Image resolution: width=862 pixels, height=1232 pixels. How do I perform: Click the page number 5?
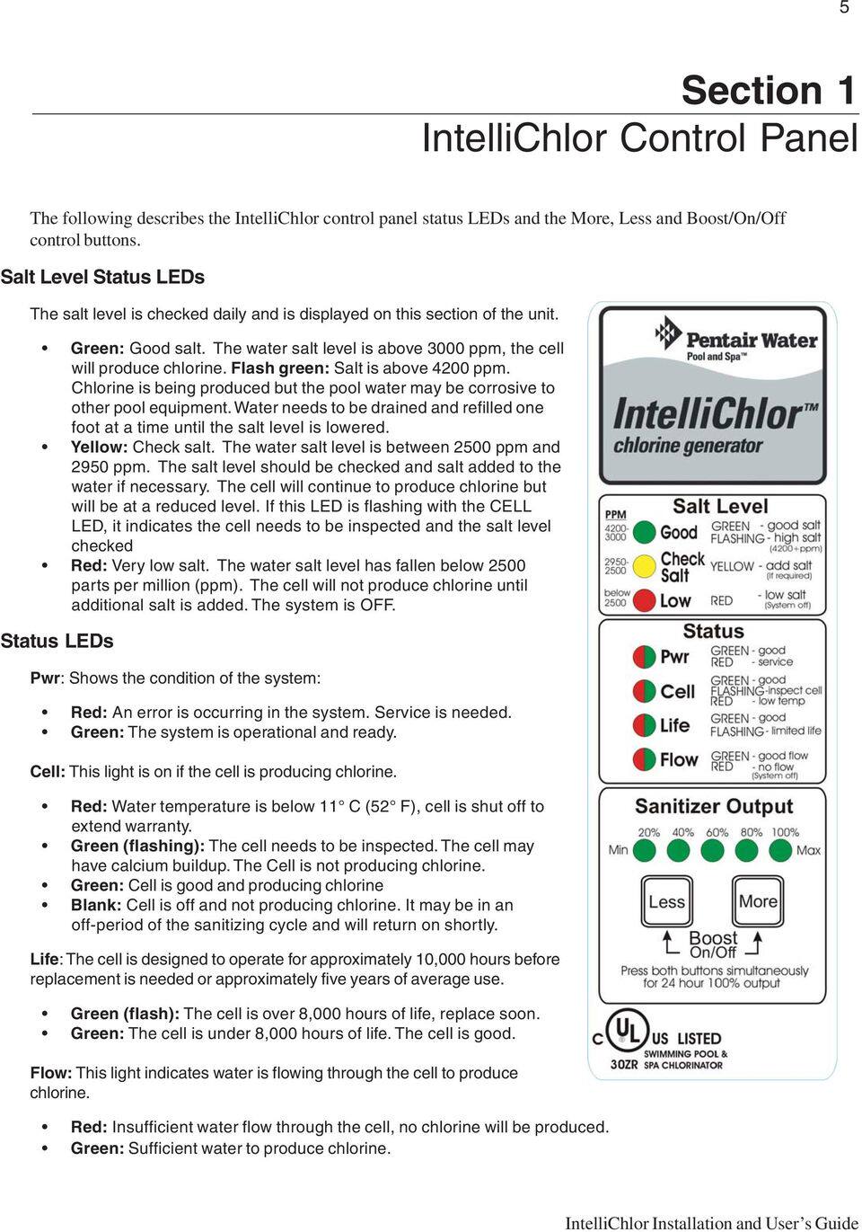pos(844,8)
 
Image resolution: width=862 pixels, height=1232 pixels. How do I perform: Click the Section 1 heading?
pos(768,91)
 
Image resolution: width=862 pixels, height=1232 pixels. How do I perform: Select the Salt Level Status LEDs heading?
pos(102,278)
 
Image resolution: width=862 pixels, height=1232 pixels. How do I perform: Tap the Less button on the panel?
pos(666,902)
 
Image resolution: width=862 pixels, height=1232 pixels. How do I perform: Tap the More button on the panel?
pos(758,902)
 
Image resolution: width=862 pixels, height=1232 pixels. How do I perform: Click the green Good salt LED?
pos(644,532)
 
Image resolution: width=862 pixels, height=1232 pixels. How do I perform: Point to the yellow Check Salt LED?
pos(644,567)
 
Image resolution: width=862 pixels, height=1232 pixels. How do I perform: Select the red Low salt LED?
pos(644,600)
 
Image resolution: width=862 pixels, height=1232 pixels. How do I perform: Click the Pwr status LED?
pos(644,657)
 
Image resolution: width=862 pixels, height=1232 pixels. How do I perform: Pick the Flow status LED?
pos(644,760)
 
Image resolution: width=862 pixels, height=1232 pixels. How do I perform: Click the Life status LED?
pos(644,725)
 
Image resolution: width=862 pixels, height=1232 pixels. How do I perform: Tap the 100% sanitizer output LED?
pos(783,850)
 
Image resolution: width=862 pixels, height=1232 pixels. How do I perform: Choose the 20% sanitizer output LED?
pos(648,850)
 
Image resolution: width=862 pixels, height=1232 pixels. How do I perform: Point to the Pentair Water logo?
pos(737,341)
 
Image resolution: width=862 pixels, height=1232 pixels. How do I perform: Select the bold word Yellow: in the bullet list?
pos(100,448)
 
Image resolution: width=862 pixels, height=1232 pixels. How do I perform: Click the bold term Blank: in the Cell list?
pos(96,906)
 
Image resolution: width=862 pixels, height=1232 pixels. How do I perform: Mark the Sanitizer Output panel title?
pos(713,807)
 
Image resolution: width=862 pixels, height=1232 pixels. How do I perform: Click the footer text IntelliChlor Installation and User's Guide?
pos(711,1222)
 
